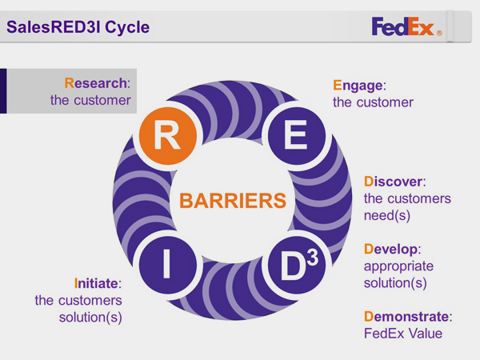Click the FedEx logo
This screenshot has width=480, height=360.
pos(406,26)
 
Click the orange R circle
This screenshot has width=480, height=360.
pos(168,136)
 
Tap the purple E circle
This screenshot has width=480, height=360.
pos(296,136)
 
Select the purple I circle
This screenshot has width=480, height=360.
pos(168,265)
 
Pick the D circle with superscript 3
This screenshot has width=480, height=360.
pos(296,265)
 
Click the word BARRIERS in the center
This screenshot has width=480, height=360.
pos(233,201)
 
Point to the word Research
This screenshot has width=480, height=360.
pos(96,83)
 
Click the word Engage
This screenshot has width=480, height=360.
pos(358,86)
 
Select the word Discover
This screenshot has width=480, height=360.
pos(393,182)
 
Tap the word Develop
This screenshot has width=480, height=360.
pos(390,250)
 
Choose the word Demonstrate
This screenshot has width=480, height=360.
pos(406,317)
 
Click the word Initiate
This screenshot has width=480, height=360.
pos(96,283)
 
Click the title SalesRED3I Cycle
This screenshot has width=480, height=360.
pos(78,27)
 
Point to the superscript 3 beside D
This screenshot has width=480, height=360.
pos(313,256)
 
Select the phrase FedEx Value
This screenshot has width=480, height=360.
pos(403,334)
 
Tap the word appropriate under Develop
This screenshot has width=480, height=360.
pos(398,267)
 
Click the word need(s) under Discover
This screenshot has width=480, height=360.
pos(387,216)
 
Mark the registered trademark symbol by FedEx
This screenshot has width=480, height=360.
pos(439,33)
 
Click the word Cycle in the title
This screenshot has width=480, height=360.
pos(127,27)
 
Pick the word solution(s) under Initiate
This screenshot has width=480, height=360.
pos(90,318)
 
